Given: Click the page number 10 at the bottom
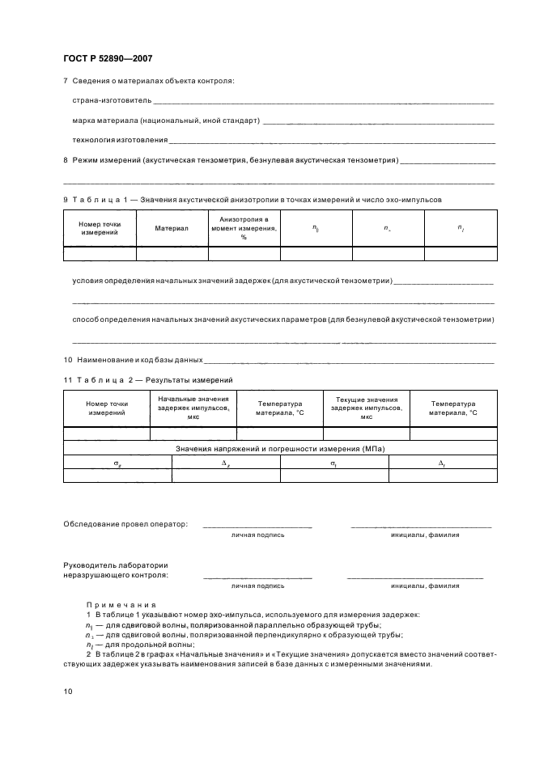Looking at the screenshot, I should [68, 691].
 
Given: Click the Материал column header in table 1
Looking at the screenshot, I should [172, 229].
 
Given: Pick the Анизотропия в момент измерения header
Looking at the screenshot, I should [244, 229].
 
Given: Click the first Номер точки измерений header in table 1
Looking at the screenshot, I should [99, 229].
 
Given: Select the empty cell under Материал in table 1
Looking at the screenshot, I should [172, 253].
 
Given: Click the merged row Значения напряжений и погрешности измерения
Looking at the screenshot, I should [279, 448].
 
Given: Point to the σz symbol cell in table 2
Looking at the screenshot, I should [117, 462].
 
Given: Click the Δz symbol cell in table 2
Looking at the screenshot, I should [225, 462].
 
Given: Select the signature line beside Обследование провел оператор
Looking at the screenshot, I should [257, 526].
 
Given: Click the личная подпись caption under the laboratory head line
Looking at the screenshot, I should [257, 585].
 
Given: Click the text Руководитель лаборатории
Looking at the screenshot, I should [116, 565].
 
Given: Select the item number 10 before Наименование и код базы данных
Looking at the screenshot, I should [68, 359].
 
